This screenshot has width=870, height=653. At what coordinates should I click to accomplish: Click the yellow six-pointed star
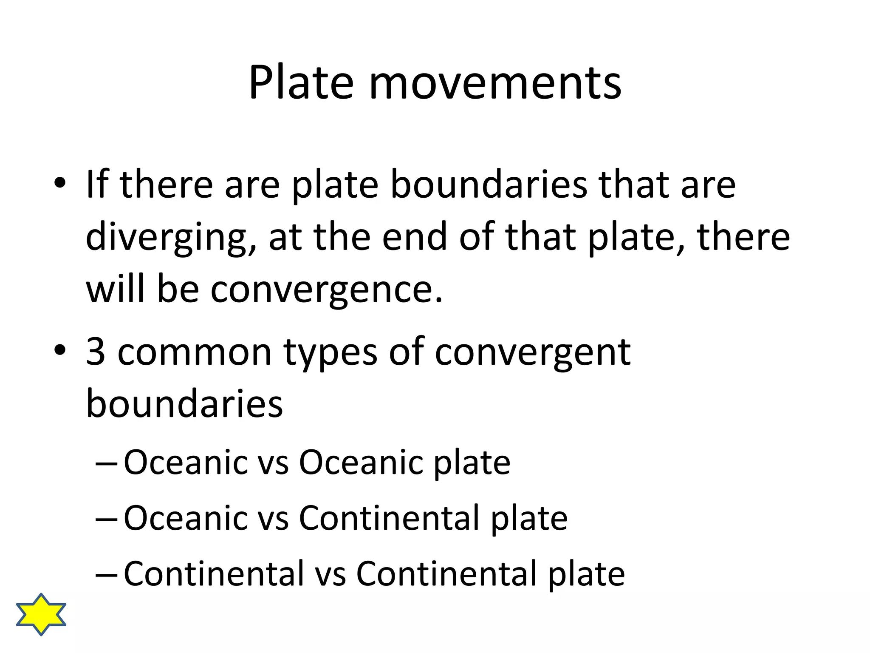click(x=41, y=614)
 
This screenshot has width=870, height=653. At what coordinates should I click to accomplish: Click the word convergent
click(x=533, y=353)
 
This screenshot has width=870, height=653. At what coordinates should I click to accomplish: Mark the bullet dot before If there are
click(x=60, y=183)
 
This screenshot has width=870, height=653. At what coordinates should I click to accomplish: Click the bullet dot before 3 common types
click(x=60, y=350)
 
